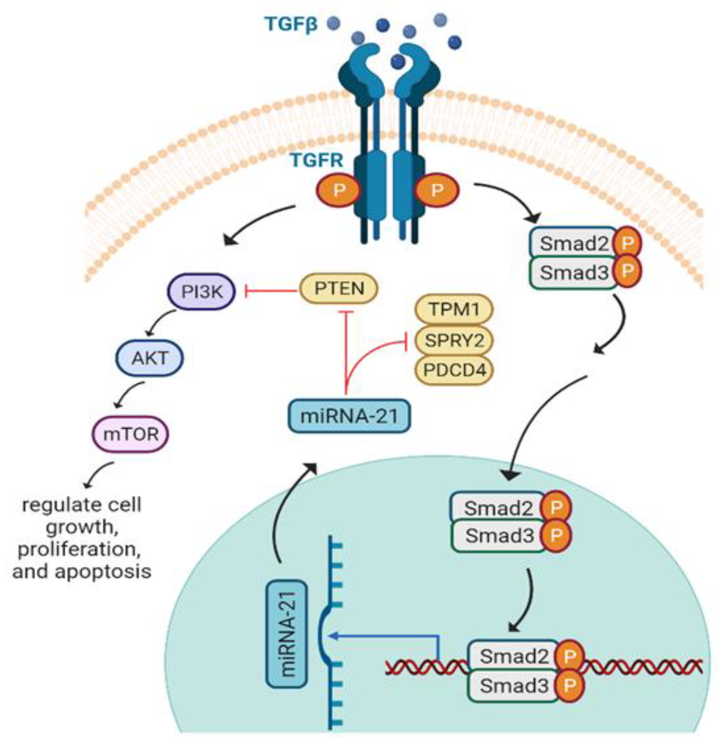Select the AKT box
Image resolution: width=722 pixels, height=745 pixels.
tap(149, 358)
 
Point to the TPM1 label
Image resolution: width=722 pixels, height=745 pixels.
tap(454, 309)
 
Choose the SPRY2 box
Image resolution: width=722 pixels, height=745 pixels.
tap(454, 340)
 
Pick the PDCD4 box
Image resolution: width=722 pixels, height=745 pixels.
tap(454, 369)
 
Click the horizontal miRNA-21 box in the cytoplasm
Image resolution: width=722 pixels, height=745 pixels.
tap(349, 416)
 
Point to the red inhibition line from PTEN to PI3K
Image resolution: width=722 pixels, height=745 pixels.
tap(270, 292)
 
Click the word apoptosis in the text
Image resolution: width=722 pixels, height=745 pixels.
tap(103, 572)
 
